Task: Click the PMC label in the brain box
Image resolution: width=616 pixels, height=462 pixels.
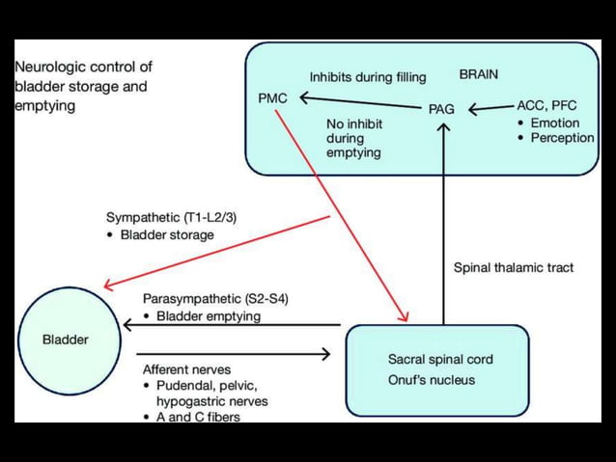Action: [272, 97]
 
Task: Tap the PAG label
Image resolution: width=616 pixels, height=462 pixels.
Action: [441, 109]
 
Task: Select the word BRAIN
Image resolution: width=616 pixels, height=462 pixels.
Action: [479, 74]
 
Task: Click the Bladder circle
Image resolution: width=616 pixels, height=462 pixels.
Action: [66, 339]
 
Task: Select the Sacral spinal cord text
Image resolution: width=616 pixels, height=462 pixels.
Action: [439, 359]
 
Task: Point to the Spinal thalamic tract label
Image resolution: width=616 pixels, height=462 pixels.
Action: [513, 267]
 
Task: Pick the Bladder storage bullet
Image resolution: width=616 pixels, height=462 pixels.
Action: [166, 234]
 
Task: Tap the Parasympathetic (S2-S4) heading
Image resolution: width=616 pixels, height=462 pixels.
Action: [214, 298]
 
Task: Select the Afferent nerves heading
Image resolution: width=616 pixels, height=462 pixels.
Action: [187, 369]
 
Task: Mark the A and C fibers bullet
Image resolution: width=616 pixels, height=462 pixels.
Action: [197, 417]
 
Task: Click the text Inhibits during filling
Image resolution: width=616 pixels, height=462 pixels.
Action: [367, 77]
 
